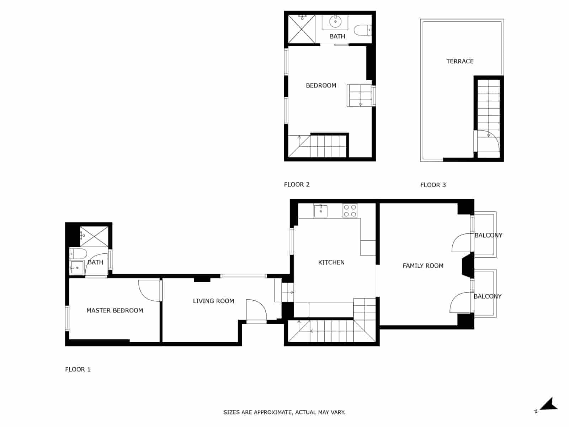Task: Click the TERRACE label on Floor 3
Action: (460, 61)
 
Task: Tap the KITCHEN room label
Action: (331, 262)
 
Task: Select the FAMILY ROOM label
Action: (423, 265)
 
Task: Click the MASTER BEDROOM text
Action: (115, 310)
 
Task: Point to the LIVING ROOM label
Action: (213, 301)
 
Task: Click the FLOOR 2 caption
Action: (297, 184)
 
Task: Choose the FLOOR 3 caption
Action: (433, 185)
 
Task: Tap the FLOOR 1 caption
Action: (78, 369)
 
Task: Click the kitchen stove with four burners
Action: (350, 211)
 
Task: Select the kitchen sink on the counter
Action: (320, 211)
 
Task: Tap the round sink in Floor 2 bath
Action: (335, 22)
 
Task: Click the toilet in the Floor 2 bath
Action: (363, 30)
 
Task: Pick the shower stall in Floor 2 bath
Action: (301, 29)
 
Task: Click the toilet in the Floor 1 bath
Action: (79, 254)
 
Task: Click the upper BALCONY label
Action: (488, 235)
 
